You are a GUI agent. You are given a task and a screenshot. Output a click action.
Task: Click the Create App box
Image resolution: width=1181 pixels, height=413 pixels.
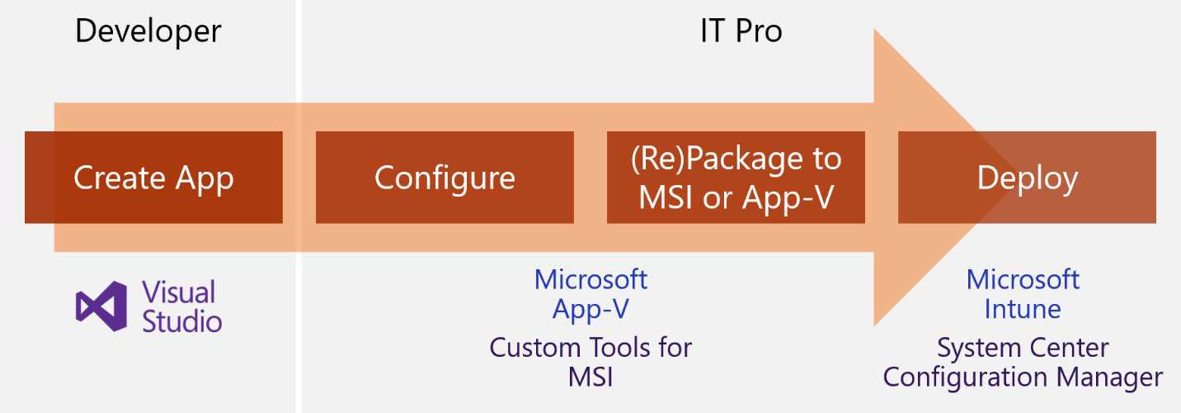point(153,178)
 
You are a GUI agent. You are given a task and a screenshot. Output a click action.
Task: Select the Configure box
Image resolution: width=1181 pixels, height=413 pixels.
point(445,178)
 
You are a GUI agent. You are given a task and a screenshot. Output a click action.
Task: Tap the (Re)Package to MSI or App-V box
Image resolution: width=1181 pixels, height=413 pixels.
point(736,178)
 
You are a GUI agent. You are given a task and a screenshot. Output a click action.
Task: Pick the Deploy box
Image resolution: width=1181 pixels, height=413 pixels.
point(1027,178)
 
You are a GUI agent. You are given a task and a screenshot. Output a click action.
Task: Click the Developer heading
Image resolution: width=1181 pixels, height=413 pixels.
point(148,31)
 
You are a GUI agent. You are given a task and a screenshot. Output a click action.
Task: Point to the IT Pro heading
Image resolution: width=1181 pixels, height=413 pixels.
point(741,31)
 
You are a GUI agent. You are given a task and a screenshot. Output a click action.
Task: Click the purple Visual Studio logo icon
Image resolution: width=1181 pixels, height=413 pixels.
point(101,306)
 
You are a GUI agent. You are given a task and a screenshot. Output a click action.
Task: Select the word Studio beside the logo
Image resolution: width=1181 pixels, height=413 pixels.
point(182,320)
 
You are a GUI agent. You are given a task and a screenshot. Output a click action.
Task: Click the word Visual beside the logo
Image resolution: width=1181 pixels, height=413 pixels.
point(179,292)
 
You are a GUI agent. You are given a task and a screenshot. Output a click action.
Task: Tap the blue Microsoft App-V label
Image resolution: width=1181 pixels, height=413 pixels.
point(590,293)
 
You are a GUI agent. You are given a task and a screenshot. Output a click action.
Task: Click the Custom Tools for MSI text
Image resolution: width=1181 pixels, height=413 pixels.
point(590,362)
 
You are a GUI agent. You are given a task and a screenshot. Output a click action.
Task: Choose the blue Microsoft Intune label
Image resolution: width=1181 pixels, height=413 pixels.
point(1023,293)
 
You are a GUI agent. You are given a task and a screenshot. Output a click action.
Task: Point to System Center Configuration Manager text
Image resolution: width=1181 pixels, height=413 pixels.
point(1023,362)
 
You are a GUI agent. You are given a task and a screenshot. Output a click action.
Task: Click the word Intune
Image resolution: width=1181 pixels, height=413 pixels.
point(1023,309)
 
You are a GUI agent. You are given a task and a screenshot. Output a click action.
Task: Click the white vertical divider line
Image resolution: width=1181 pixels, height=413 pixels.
point(298,206)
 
